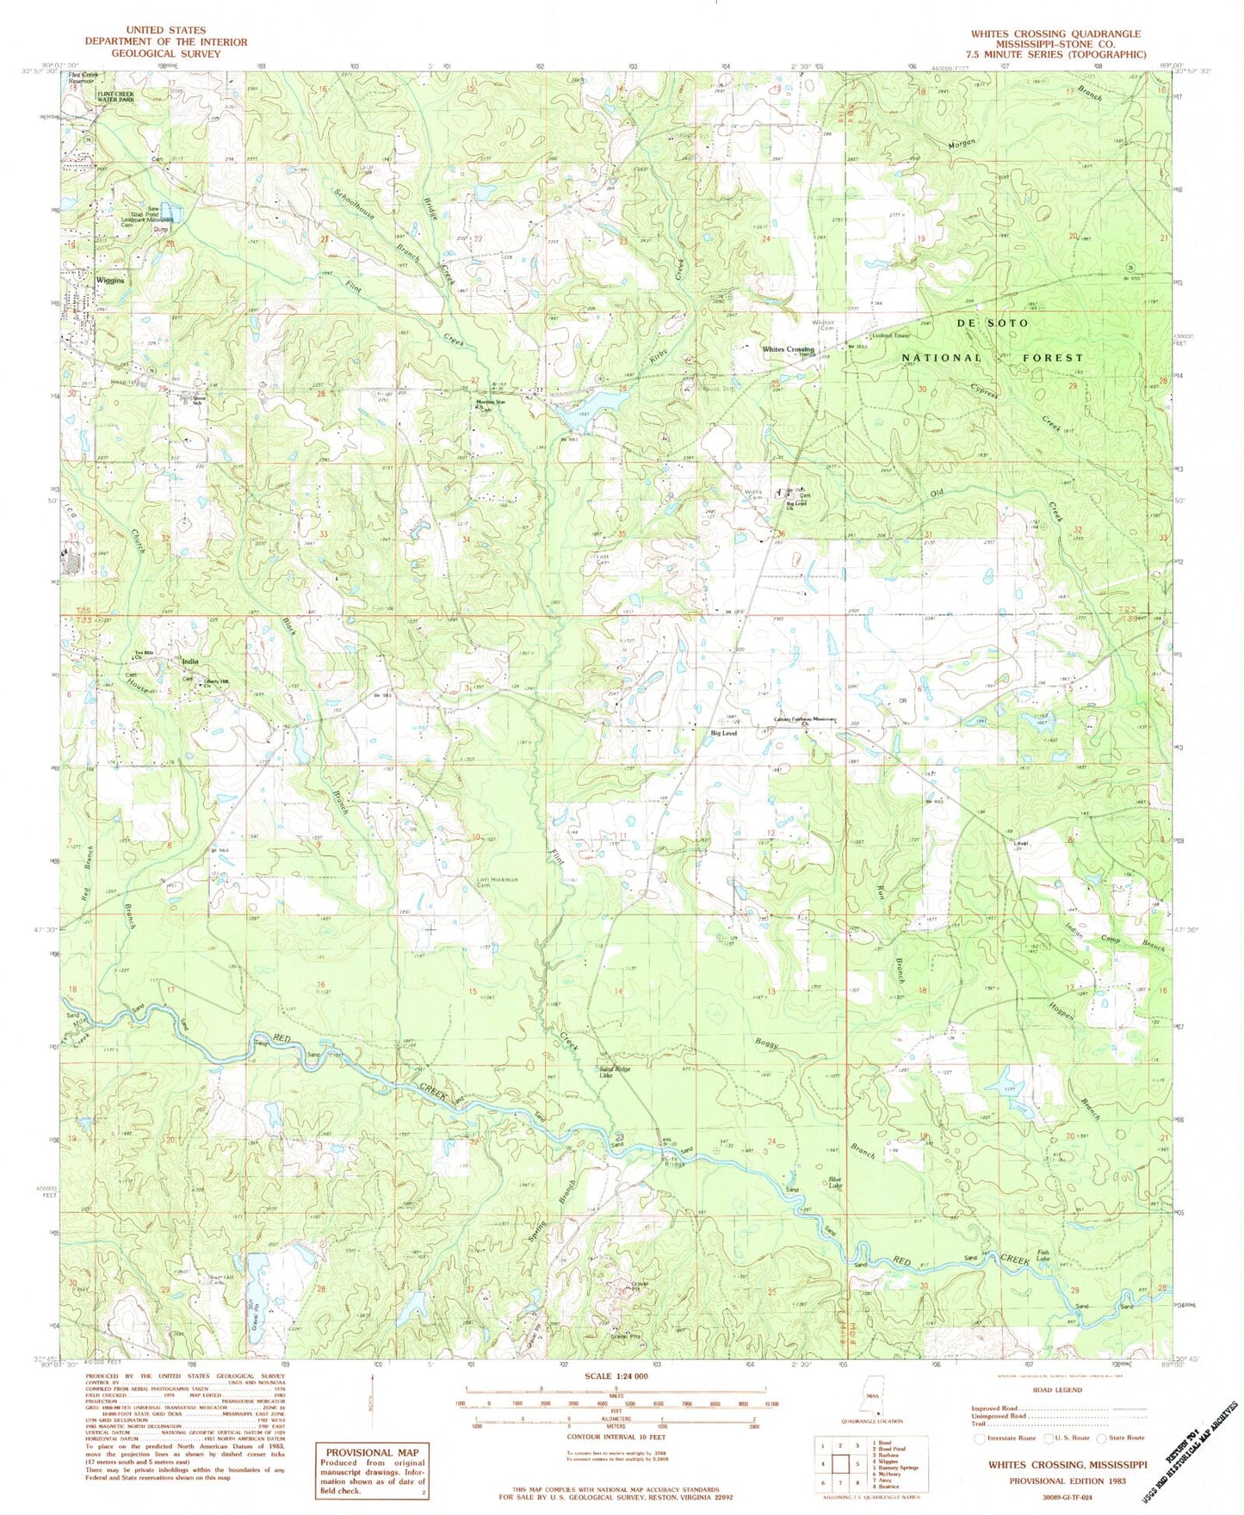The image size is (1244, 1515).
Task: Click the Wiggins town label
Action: tap(110, 280)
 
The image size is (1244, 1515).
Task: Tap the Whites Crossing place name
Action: tap(787, 349)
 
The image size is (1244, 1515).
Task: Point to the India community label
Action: tap(189, 662)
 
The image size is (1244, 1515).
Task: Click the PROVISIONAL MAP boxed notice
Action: tap(371, 1452)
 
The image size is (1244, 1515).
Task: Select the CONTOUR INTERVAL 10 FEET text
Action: tap(615, 1436)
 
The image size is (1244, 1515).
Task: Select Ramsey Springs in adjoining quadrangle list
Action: tap(895, 1468)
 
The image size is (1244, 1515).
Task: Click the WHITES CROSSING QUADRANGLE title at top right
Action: tap(1055, 34)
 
